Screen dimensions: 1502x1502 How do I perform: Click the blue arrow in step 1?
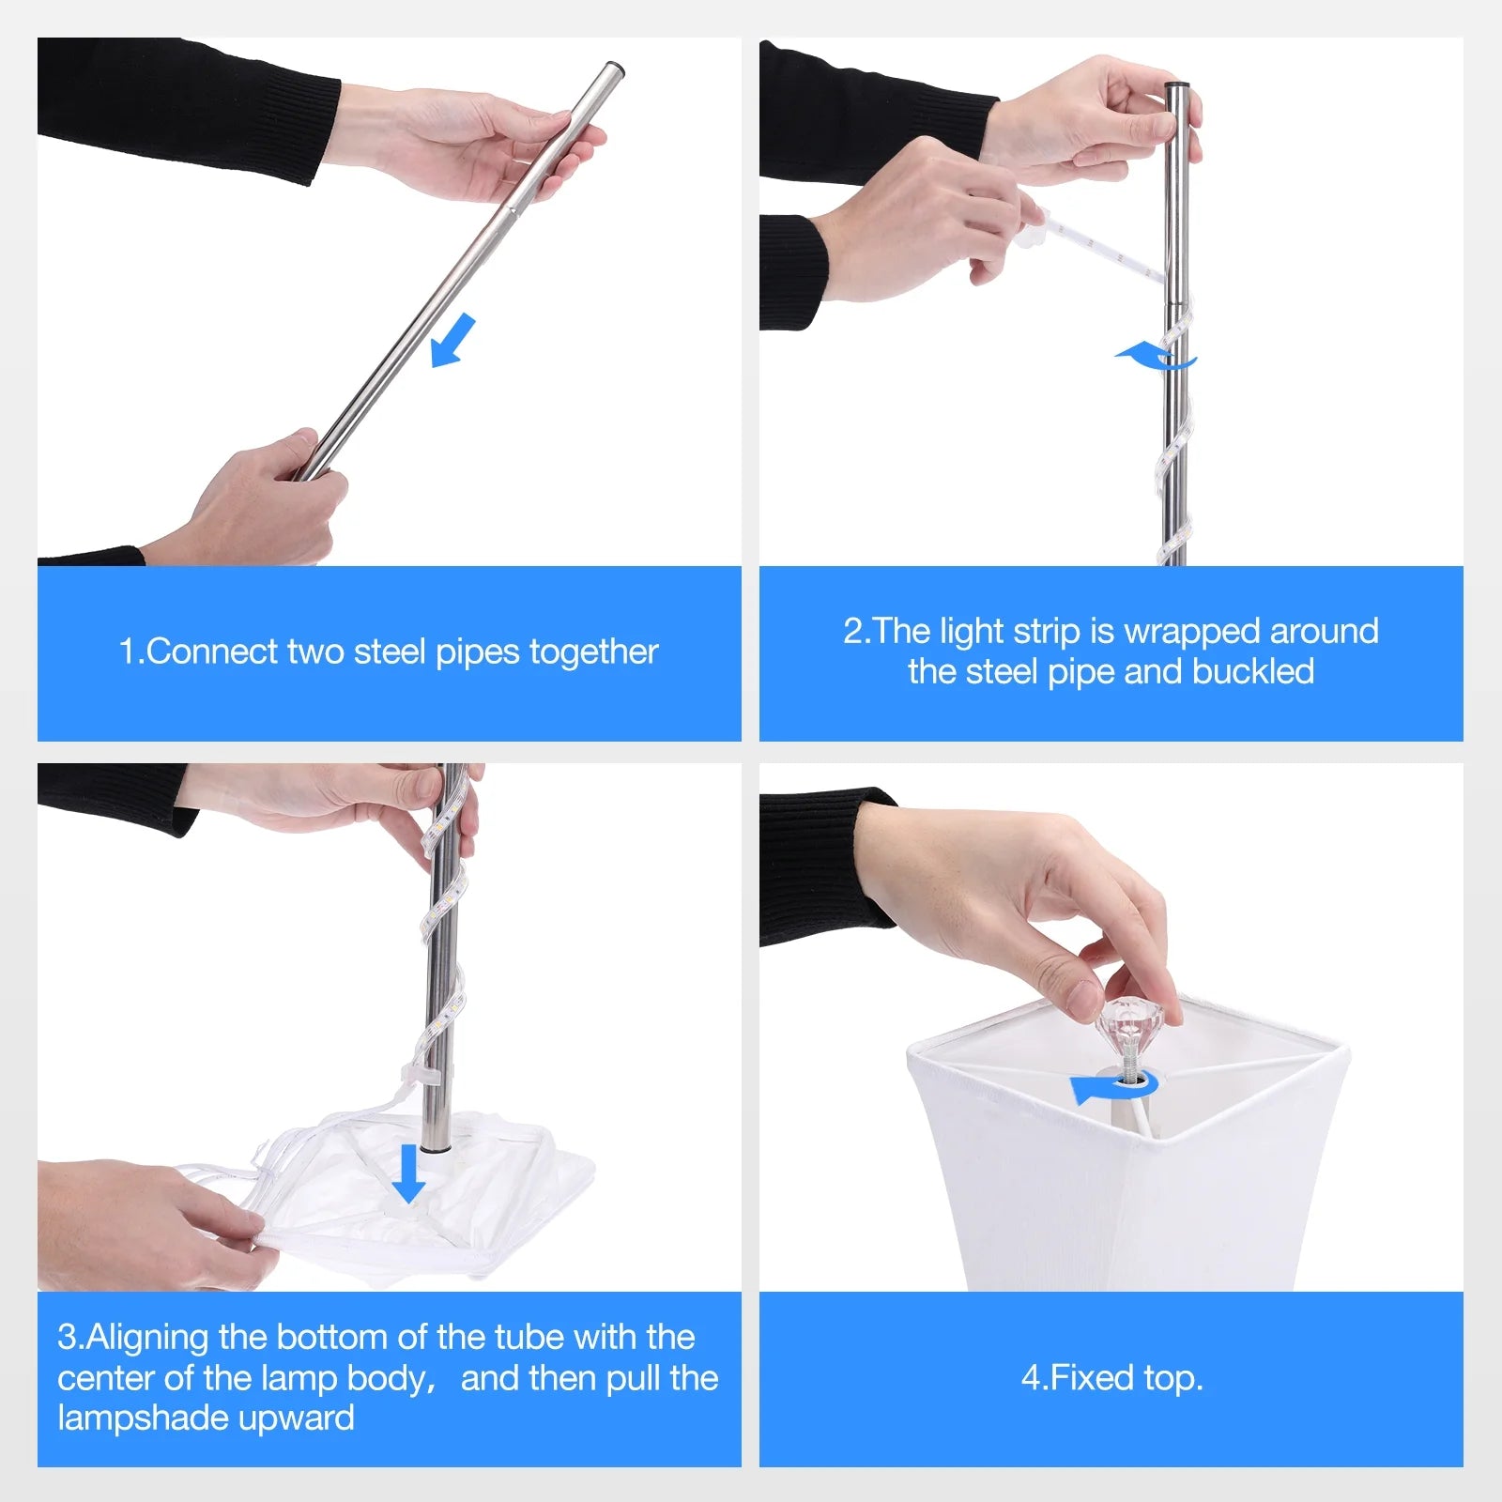point(452,341)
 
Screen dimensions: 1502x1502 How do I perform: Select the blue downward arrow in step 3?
point(408,1173)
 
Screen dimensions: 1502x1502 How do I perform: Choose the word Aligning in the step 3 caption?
point(146,1338)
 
